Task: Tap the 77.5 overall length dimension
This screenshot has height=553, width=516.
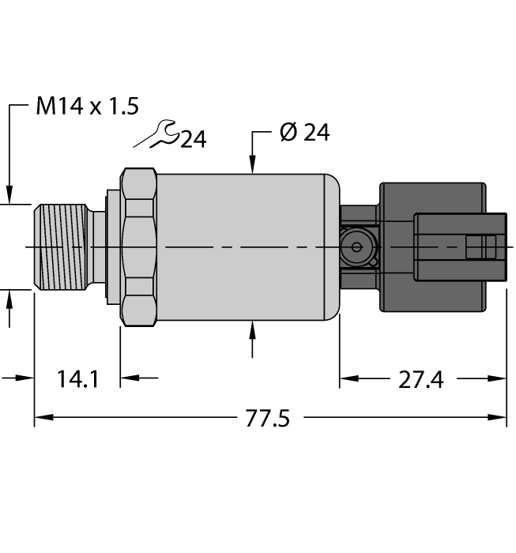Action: point(266,418)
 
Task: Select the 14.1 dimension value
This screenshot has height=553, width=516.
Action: point(77,379)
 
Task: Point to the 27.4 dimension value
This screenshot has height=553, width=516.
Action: point(422,379)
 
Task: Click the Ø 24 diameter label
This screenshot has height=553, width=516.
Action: point(304,132)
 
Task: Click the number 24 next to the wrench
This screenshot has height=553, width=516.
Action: point(193,141)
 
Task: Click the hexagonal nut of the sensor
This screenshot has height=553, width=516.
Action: point(138,246)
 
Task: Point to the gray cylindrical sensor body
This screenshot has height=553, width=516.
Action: point(245,246)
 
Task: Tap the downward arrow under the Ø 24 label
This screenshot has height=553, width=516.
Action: point(252,162)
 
